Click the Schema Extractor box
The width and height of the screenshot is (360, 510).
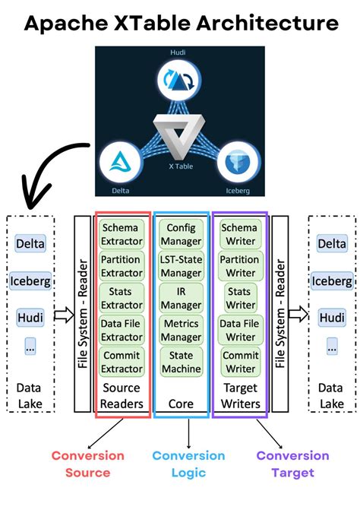tap(122, 234)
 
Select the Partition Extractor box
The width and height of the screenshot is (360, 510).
tap(122, 267)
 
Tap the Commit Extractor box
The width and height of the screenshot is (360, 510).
tap(122, 362)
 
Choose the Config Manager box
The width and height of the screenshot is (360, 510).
tap(182, 234)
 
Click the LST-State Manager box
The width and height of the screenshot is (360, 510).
tap(182, 267)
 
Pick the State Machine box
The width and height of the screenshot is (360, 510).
tap(182, 362)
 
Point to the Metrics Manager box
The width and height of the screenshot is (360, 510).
tap(182, 330)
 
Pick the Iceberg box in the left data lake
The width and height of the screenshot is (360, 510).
tap(30, 280)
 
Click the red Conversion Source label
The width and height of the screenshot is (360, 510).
tap(87, 464)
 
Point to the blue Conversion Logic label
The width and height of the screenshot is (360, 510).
tap(188, 464)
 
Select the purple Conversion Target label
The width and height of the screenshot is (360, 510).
tap(292, 464)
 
